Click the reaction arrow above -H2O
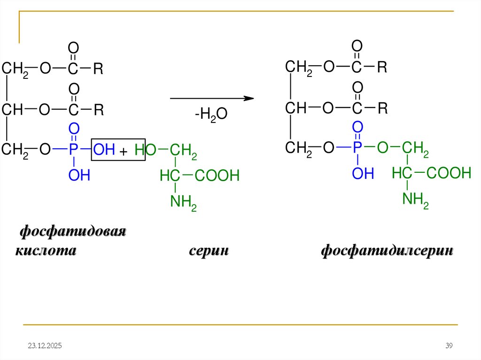click(211, 99)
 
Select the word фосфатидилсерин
click(387, 251)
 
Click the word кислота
click(46, 251)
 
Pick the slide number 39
click(449, 346)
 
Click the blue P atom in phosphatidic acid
click(73, 150)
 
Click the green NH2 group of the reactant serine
click(183, 203)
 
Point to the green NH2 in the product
click(415, 200)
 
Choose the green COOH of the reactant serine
click(217, 176)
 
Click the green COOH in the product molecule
click(449, 174)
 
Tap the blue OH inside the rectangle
click(104, 150)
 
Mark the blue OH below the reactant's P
click(79, 176)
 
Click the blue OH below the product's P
click(363, 174)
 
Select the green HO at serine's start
click(144, 151)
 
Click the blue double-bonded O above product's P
click(357, 127)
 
